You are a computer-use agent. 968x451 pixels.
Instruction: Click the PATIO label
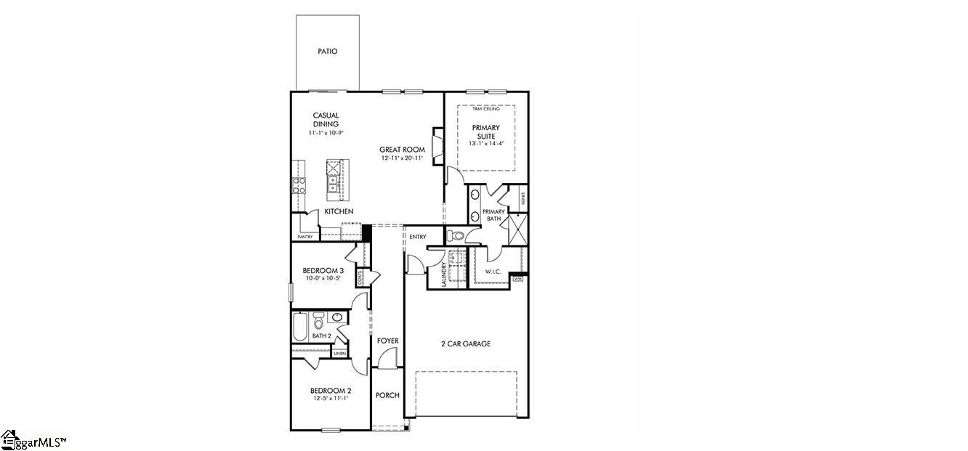pos(328,52)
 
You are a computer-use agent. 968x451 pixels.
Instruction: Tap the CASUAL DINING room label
pos(326,120)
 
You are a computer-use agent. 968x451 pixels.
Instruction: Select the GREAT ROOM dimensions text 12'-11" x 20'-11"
pos(402,158)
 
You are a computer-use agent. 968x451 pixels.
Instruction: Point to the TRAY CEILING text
pos(485,109)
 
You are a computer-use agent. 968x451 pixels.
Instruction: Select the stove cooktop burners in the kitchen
pos(299,184)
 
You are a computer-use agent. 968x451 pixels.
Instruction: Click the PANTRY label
pos(304,237)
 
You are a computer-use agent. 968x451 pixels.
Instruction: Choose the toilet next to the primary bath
pos(454,235)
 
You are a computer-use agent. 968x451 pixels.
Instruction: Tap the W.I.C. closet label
pos(493,272)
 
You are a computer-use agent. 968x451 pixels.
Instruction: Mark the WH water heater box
pos(518,278)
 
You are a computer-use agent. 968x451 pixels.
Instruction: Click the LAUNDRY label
pos(443,272)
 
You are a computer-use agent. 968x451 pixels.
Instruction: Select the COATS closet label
pos(360,277)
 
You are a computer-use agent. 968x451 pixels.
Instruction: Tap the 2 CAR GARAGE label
pos(466,344)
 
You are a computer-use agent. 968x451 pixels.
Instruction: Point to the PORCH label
pos(387,396)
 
